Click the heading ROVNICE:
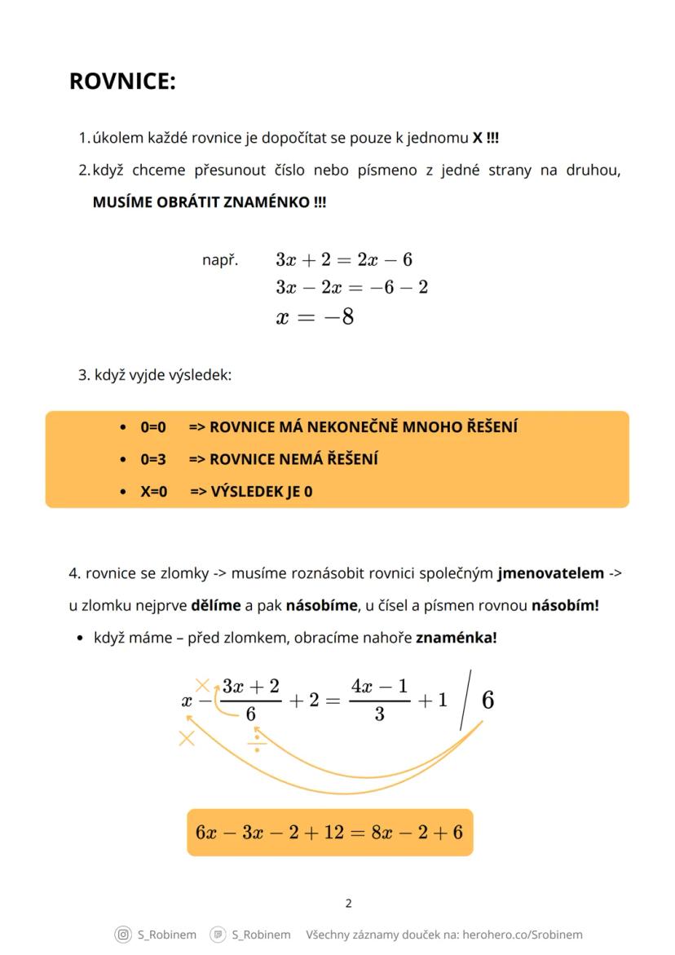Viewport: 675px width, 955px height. [x=122, y=82]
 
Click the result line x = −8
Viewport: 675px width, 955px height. [x=315, y=317]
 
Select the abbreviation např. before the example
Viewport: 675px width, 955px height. [x=220, y=260]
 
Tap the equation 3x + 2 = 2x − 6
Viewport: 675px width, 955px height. [x=344, y=260]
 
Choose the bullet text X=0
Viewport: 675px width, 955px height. [x=153, y=492]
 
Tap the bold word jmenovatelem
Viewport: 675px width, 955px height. [x=551, y=573]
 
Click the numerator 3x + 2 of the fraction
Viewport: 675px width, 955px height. [x=251, y=686]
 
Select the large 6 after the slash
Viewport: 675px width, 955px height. [x=487, y=701]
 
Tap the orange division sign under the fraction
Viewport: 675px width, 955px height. [x=256, y=741]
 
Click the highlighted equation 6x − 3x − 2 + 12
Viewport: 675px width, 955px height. [x=329, y=832]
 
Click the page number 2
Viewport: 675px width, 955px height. [x=349, y=903]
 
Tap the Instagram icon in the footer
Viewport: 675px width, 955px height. [x=123, y=935]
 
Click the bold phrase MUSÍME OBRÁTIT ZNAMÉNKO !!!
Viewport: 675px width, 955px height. [x=210, y=202]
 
